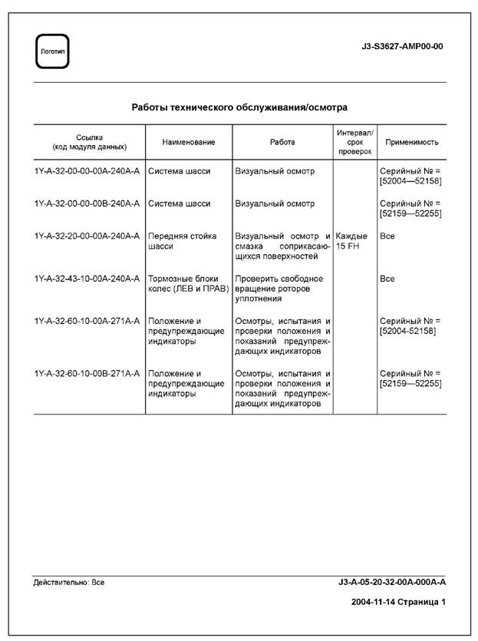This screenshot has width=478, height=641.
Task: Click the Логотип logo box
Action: (x=52, y=51)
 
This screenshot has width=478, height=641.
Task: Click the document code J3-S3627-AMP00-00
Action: (x=401, y=46)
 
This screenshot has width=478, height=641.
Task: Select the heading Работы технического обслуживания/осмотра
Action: (x=239, y=107)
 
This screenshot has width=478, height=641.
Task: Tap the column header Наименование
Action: (x=189, y=142)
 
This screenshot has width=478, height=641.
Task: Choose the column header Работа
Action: (x=282, y=142)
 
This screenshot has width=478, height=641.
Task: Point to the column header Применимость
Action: (x=411, y=142)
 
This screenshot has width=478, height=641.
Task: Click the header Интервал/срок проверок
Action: (x=354, y=142)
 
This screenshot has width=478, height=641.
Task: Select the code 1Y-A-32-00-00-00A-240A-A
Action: (x=87, y=171)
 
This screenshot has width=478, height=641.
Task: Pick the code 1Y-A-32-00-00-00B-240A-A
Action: (x=87, y=203)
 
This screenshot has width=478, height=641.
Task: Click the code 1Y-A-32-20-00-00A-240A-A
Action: (x=87, y=236)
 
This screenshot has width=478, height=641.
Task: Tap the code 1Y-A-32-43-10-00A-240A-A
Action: (x=87, y=279)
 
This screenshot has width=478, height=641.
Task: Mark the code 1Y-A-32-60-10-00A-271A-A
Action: (x=87, y=321)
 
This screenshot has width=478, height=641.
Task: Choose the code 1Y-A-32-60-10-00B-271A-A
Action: (x=87, y=374)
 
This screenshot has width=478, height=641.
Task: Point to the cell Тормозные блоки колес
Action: (x=183, y=283)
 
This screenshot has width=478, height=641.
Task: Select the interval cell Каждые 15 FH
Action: (x=351, y=242)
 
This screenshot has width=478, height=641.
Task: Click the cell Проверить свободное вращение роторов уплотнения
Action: (x=279, y=289)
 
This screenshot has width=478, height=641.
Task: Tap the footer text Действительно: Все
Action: (x=69, y=583)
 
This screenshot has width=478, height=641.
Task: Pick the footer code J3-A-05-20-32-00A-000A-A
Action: (x=391, y=583)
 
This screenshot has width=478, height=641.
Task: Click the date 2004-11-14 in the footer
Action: (x=373, y=603)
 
